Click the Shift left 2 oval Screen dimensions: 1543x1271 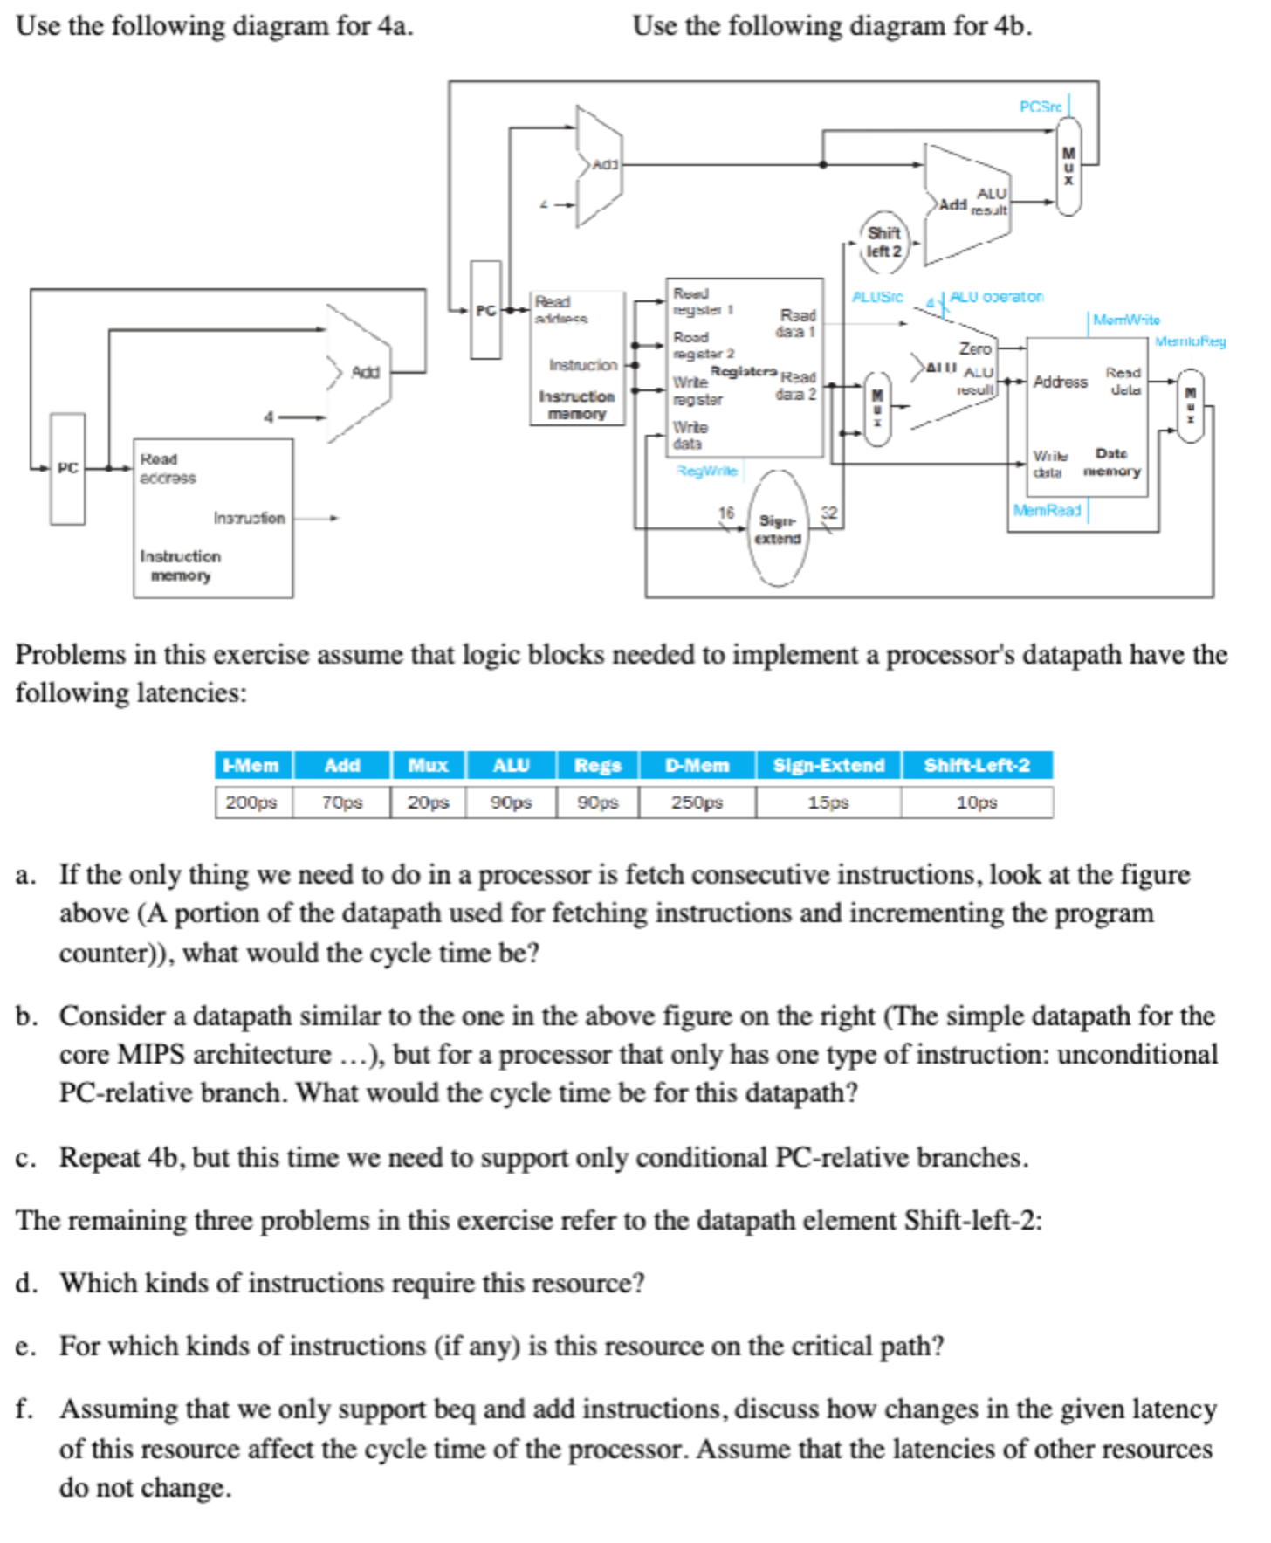(x=883, y=242)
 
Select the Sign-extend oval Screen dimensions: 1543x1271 (x=778, y=529)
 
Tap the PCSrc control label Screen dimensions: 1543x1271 (x=1041, y=107)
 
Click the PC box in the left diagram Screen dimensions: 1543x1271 (x=67, y=468)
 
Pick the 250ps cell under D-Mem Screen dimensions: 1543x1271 (x=696, y=802)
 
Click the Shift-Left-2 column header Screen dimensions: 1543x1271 (x=976, y=765)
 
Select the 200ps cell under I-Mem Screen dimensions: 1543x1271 (x=251, y=802)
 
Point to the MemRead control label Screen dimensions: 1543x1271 (x=1047, y=510)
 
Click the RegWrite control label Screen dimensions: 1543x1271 (x=707, y=471)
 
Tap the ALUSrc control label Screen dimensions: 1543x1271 (x=877, y=297)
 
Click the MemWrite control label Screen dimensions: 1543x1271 (x=1126, y=320)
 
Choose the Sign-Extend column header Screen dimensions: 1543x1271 (x=828, y=765)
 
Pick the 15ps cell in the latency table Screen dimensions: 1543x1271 (x=828, y=802)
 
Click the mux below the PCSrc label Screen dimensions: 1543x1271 (x=1068, y=166)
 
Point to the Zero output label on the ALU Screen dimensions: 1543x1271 (x=975, y=348)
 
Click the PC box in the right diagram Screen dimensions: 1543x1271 (x=485, y=310)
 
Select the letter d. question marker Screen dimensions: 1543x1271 (x=25, y=1283)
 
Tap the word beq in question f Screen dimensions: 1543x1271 (x=455, y=1409)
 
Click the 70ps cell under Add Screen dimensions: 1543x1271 (x=341, y=802)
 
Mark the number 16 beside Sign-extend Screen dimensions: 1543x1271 (x=726, y=513)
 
